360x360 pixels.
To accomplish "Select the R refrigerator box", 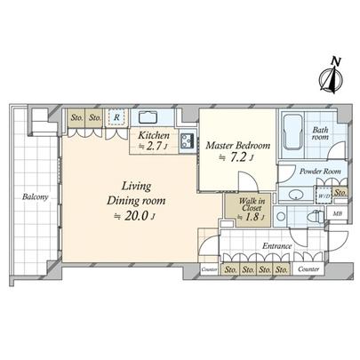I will pyautogui.click(x=116, y=116).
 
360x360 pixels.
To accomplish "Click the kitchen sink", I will pyautogui.click(x=148, y=116).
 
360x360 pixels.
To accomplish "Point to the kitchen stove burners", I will pyautogui.click(x=188, y=140).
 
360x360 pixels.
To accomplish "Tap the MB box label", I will pyautogui.click(x=339, y=213).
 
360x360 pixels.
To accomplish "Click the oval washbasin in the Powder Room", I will pyautogui.click(x=293, y=195).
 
